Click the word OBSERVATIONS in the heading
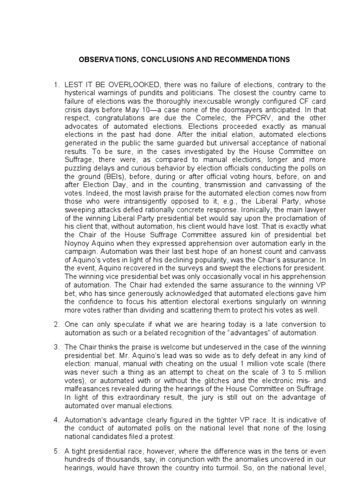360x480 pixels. click(x=101, y=60)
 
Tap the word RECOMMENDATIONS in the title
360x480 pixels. click(x=249, y=60)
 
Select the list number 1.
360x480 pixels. click(x=57, y=85)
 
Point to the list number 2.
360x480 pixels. click(x=57, y=324)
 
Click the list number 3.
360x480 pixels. click(x=57, y=346)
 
